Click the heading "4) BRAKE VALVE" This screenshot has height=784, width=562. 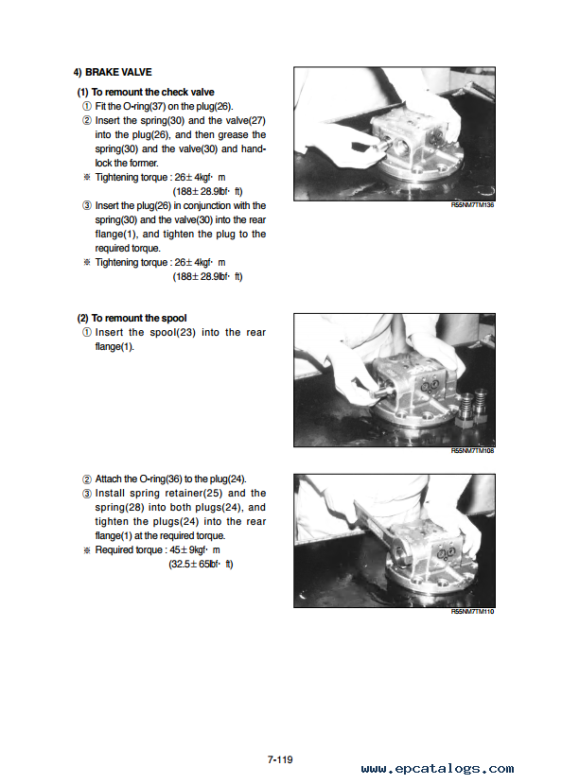click(x=113, y=72)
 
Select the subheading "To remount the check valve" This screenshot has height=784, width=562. click(x=152, y=92)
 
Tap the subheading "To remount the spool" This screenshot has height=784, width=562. click(x=139, y=318)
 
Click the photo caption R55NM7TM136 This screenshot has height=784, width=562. click(x=472, y=205)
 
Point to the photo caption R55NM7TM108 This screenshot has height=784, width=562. click(x=472, y=450)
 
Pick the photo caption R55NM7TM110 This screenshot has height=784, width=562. click(x=472, y=612)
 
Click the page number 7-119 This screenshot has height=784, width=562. click(x=280, y=759)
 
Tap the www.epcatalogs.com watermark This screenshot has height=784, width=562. click(x=437, y=769)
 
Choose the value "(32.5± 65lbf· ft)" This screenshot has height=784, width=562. click(x=201, y=564)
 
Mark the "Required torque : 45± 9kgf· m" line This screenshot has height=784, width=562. click(x=157, y=550)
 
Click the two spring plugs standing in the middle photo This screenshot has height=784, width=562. click(x=472, y=407)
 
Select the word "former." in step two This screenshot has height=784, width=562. click(x=144, y=163)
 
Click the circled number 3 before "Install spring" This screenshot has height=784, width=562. click(x=86, y=494)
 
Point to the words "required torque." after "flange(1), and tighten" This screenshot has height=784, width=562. click(x=128, y=249)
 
